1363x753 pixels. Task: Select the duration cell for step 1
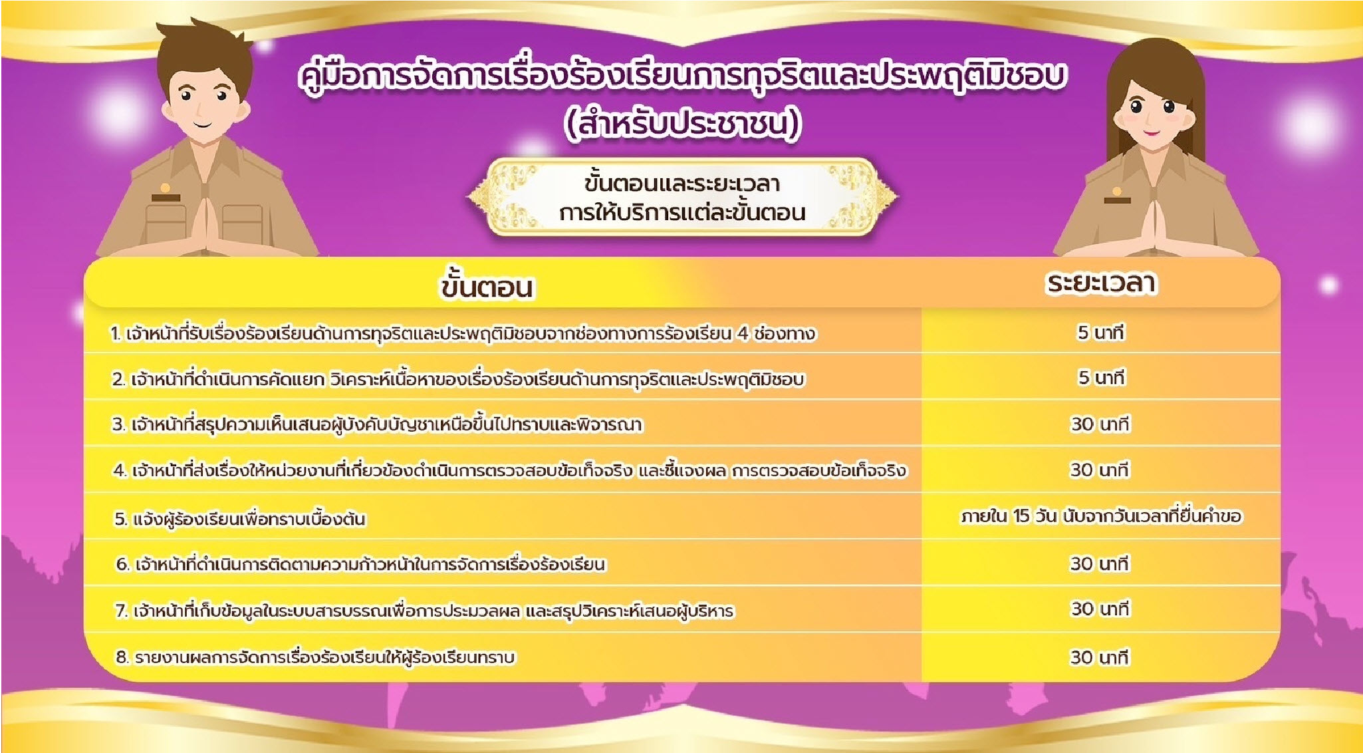coord(1101,332)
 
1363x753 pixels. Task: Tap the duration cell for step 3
coord(1100,424)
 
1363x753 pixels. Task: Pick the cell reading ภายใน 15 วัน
coord(1101,516)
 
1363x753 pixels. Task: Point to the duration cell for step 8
coord(1100,657)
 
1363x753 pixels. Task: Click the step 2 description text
coord(458,379)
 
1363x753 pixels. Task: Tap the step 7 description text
coord(424,610)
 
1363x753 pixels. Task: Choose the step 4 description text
coord(510,470)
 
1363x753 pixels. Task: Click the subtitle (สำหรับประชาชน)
coord(682,124)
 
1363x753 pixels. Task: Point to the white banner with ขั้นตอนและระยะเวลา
coord(682,198)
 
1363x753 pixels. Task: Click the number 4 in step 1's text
coord(742,333)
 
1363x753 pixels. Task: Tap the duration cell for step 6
coord(1100,563)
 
